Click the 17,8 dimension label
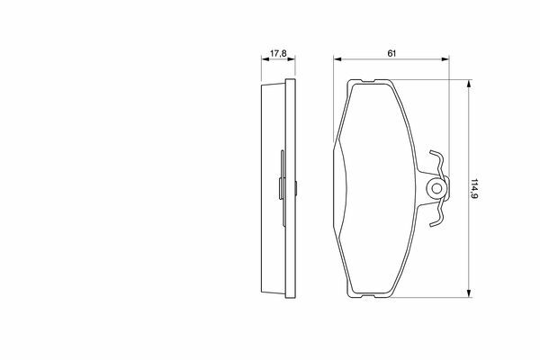tap(278, 54)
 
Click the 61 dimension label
tap(391, 53)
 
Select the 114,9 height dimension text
tap(474, 189)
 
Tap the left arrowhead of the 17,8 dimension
tap(265, 59)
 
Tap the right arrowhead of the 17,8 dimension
tap(292, 59)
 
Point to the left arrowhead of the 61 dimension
tap(337, 59)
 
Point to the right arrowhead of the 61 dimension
tap(445, 59)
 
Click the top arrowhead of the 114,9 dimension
tap(468, 84)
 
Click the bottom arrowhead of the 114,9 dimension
tap(468, 293)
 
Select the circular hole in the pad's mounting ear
tap(436, 188)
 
